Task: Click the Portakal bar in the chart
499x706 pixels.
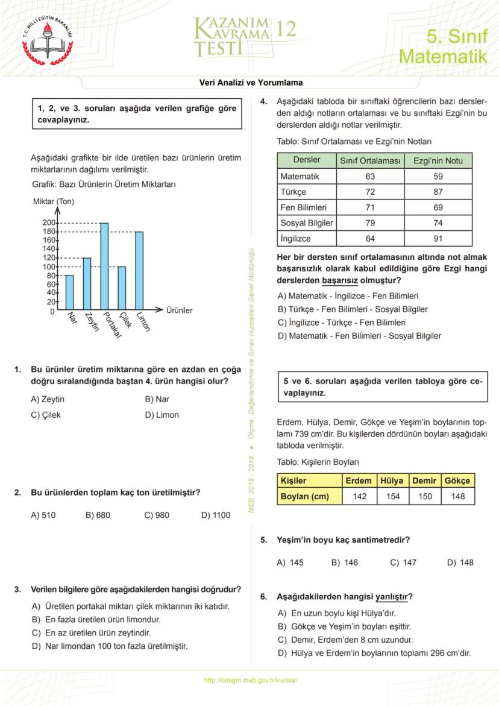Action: point(104,266)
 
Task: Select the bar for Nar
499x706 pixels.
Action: point(69,292)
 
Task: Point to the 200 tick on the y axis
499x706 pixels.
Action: point(48,223)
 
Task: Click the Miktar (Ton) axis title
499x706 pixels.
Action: point(54,201)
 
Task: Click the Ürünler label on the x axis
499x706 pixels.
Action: point(179,310)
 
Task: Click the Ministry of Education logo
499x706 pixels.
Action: point(47,43)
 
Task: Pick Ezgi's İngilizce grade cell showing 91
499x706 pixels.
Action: point(438,238)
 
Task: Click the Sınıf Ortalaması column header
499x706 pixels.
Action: point(370,160)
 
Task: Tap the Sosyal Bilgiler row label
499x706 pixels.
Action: point(307,223)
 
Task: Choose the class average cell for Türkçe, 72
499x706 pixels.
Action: point(370,192)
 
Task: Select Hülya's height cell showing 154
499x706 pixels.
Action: point(393,496)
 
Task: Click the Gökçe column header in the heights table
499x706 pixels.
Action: point(458,481)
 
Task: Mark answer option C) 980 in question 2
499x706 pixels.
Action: point(157,515)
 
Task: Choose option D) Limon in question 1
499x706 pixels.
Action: point(162,415)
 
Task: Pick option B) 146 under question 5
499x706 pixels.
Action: point(345,563)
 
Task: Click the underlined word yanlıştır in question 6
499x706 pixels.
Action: point(392,597)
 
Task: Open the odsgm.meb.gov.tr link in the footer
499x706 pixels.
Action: point(251,680)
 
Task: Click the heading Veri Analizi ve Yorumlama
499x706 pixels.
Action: point(251,83)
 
